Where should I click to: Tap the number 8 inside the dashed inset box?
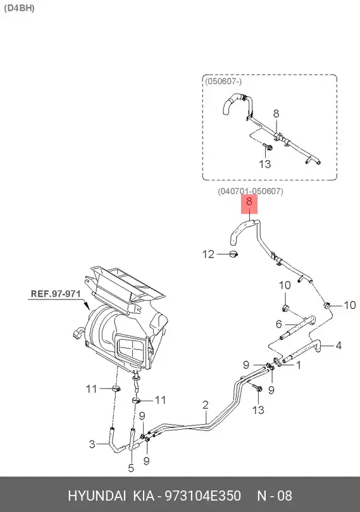[x=276, y=114]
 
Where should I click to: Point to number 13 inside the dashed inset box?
[x=264, y=164]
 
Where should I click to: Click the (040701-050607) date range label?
[x=250, y=191]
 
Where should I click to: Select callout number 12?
[x=209, y=254]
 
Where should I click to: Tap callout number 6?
[x=278, y=324]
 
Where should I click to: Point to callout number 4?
[x=338, y=346]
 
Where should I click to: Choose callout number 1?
[x=298, y=364]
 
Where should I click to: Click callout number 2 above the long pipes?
[x=205, y=404]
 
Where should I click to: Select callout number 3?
[x=92, y=444]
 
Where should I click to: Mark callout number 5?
[x=131, y=468]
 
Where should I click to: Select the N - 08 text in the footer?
[x=273, y=496]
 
